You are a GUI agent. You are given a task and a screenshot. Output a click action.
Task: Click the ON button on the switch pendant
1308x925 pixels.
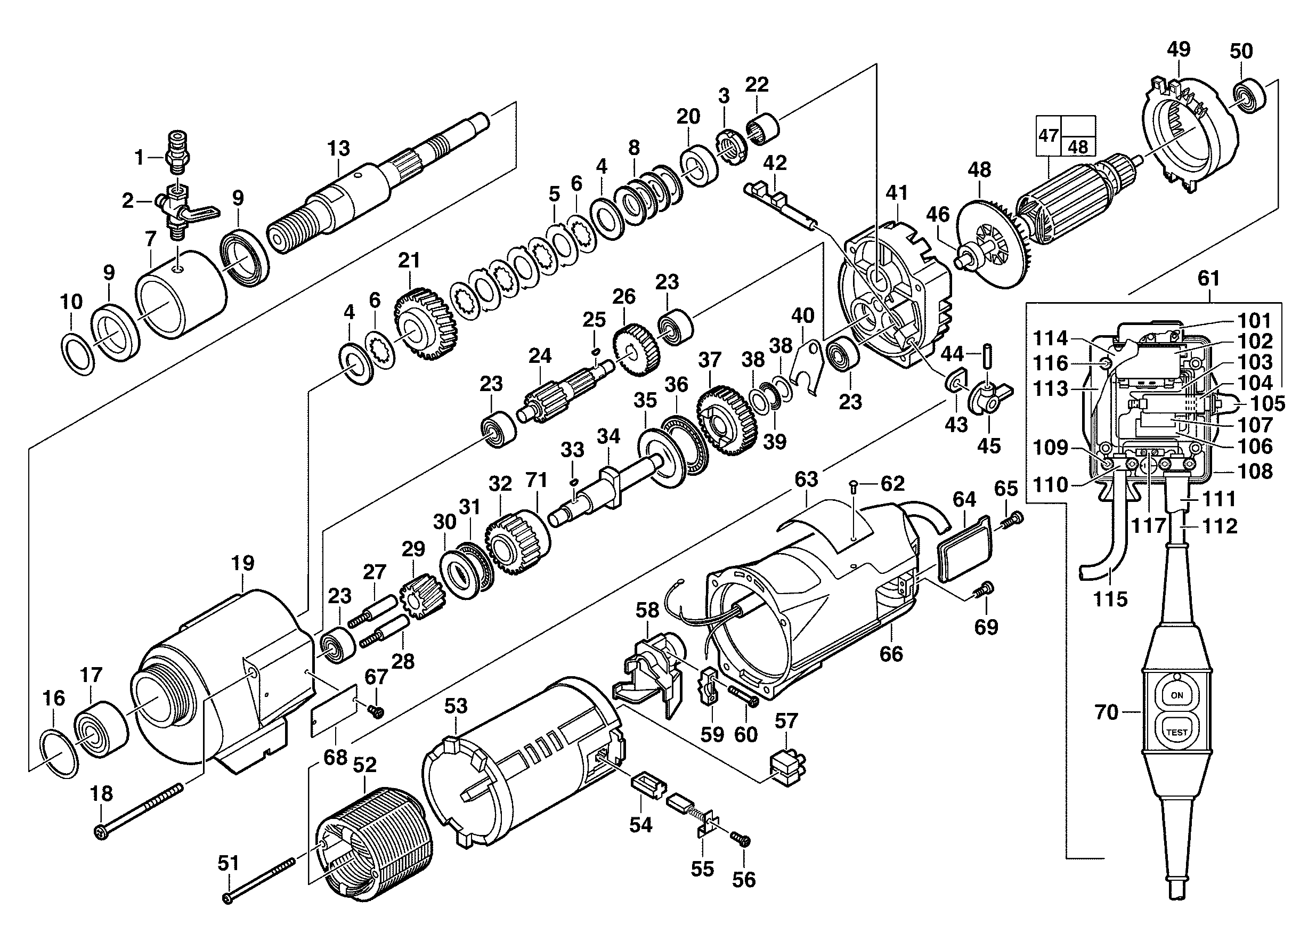1177,695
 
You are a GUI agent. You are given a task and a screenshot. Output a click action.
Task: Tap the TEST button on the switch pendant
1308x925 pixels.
1177,732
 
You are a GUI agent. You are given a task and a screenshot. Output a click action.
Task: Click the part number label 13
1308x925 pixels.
338,149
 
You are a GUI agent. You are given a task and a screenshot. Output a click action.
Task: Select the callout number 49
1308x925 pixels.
1179,50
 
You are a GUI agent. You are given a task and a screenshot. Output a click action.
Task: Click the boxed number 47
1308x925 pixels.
1049,135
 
